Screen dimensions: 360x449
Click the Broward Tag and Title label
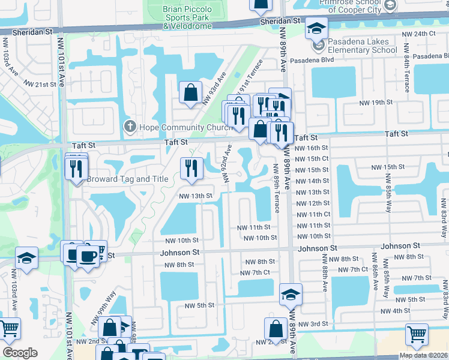(x=127, y=179)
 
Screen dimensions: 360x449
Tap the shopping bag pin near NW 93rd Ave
(x=190, y=94)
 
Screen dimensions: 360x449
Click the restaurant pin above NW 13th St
(x=191, y=168)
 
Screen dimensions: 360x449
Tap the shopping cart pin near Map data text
(x=417, y=334)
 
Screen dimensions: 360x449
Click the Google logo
(x=20, y=353)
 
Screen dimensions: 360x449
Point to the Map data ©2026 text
(x=424, y=355)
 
